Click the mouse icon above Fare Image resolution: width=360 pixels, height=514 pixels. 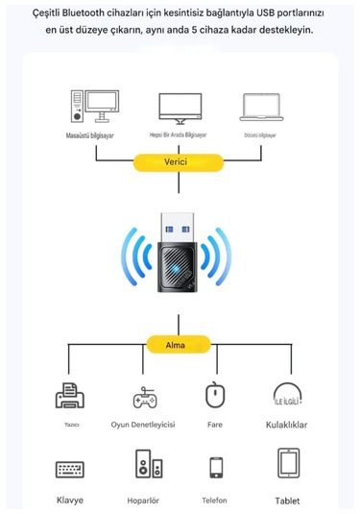[215, 395]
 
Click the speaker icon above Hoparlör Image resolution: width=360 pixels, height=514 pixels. [144, 467]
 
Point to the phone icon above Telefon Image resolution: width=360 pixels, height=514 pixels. [215, 468]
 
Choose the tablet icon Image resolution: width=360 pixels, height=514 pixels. [288, 464]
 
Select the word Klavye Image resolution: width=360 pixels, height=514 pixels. [69, 500]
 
